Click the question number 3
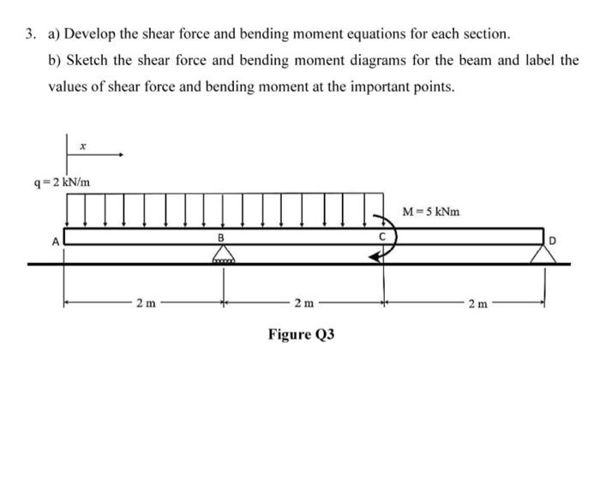29,34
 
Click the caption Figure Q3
300,333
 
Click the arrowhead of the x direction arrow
122,156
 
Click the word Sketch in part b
84,61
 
